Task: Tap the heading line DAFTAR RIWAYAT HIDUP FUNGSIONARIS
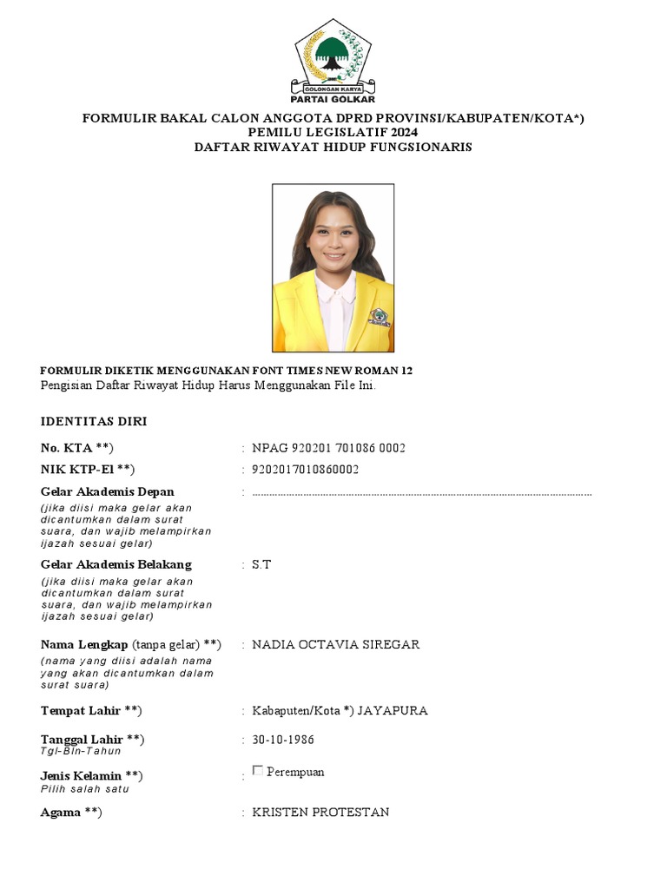(x=333, y=147)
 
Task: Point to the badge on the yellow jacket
(x=380, y=313)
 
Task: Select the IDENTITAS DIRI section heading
(x=94, y=422)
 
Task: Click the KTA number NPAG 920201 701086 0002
(x=328, y=448)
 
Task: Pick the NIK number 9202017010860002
(x=306, y=470)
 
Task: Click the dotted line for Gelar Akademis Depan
(x=421, y=493)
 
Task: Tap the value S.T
(x=261, y=564)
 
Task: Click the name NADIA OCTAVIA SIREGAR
(x=335, y=644)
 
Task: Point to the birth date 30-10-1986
(x=283, y=740)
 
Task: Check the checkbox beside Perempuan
(x=257, y=770)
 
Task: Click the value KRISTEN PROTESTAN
(x=320, y=812)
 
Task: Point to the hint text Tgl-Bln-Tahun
(x=81, y=751)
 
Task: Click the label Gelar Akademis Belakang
(x=116, y=564)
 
